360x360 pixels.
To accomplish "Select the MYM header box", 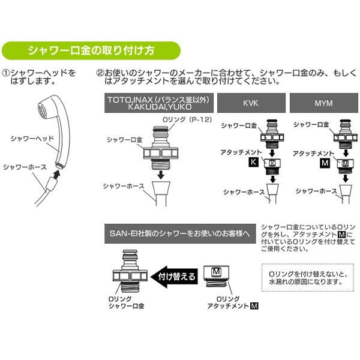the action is (x=323, y=103).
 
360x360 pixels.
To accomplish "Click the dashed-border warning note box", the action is (x=307, y=276).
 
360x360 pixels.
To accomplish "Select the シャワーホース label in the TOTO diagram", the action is (x=124, y=186).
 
